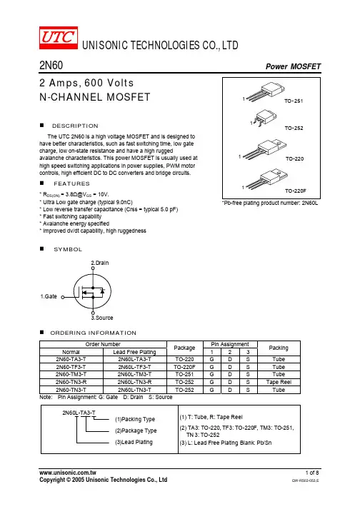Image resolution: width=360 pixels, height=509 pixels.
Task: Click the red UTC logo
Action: pyautogui.click(x=59, y=38)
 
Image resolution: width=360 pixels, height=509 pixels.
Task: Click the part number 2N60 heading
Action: pyautogui.click(x=51, y=65)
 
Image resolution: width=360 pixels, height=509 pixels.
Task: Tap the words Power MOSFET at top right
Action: pyautogui.click(x=293, y=66)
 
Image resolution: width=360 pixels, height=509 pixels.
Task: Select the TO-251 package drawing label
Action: pyautogui.click(x=294, y=101)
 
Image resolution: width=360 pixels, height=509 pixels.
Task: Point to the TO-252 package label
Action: pyautogui.click(x=294, y=128)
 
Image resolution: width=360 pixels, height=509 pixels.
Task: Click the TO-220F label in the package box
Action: pyautogui.click(x=295, y=191)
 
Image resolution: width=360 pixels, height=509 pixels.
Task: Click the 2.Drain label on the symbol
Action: pyautogui.click(x=100, y=263)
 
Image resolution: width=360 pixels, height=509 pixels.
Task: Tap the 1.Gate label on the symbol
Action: pyautogui.click(x=49, y=296)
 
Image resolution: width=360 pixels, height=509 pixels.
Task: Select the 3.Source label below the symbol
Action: pyautogui.click(x=102, y=318)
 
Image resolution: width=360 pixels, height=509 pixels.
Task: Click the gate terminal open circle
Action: pyautogui.click(x=63, y=297)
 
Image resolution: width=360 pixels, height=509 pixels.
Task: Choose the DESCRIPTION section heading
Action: pyautogui.click(x=75, y=126)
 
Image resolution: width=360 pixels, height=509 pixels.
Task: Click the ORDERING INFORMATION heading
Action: pyautogui.click(x=94, y=333)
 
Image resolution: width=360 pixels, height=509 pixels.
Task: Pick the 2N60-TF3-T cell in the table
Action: pyautogui.click(x=71, y=367)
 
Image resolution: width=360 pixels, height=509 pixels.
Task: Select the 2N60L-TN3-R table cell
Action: pyautogui.click(x=134, y=382)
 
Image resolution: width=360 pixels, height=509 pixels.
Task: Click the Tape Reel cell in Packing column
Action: pyautogui.click(x=279, y=382)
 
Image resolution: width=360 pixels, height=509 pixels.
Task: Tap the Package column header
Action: pyautogui.click(x=184, y=348)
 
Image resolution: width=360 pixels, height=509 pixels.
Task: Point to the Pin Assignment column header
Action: pyautogui.click(x=230, y=344)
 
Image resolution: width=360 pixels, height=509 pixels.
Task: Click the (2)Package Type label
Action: pyautogui.click(x=136, y=430)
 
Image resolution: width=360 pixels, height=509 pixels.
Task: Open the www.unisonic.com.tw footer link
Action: pyautogui.click(x=68, y=473)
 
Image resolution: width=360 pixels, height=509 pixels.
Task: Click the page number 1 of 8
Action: pyautogui.click(x=312, y=473)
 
